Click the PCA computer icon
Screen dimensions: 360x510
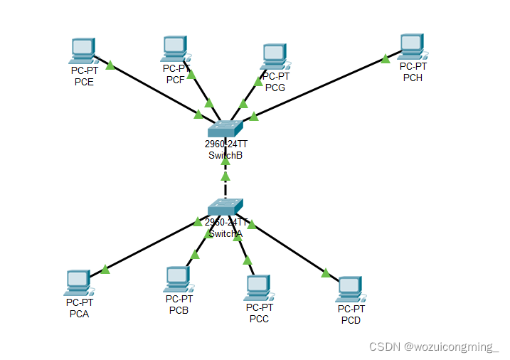coord(77,282)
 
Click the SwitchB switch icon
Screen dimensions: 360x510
coord(225,129)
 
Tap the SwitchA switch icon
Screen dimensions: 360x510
coord(225,207)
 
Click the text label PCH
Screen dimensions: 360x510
coord(413,78)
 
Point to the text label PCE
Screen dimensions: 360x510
coord(84,82)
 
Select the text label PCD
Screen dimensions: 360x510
coord(351,320)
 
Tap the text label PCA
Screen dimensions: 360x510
coord(79,314)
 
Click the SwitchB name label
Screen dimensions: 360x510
coord(225,155)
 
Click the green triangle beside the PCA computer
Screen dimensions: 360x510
coord(105,269)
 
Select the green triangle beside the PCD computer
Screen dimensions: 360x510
coord(326,272)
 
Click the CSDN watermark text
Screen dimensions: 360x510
coord(434,346)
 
